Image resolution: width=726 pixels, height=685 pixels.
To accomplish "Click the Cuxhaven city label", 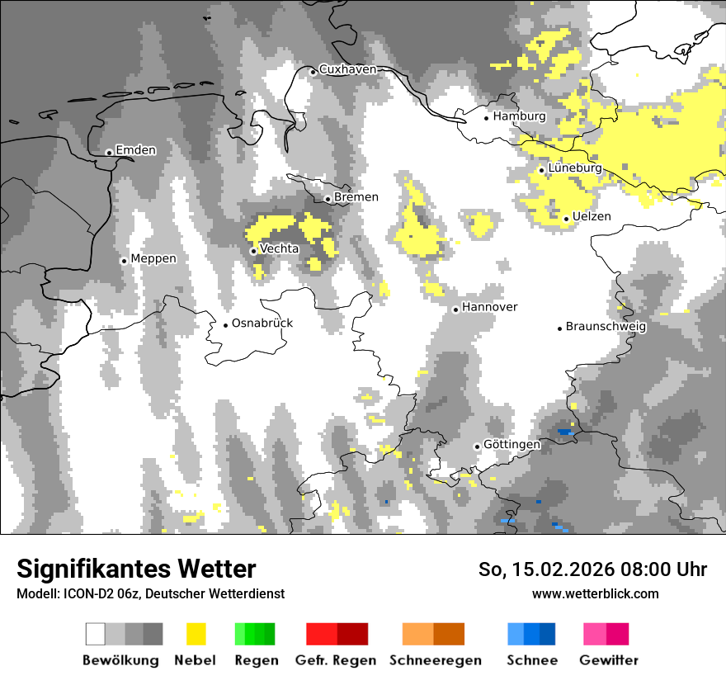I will coord(347,69).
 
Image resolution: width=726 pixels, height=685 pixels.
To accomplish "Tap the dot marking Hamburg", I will coord(487,117).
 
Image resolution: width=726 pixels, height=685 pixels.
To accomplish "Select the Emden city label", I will coord(135,150).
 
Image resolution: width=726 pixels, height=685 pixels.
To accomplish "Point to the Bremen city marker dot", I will coord(328,199).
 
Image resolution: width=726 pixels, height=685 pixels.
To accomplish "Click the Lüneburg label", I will coord(575,168).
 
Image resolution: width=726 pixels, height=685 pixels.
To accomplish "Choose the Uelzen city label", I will coord(592,216).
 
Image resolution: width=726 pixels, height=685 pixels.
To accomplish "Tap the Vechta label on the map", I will coord(279,248).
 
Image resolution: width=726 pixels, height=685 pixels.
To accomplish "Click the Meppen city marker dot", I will coord(124,261).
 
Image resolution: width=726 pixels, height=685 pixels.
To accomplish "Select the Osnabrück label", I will coord(262,323).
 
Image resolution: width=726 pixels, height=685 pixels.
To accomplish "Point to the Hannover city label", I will coord(489,307).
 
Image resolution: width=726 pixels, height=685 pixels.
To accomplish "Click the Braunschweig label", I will coord(606,326).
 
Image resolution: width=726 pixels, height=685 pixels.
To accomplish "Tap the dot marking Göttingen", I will coord(477,446).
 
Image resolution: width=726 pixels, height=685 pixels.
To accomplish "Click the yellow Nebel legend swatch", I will coord(196,634).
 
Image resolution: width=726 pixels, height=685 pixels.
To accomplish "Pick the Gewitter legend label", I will coord(609,660).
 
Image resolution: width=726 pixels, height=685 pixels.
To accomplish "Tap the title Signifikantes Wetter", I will coord(136,569).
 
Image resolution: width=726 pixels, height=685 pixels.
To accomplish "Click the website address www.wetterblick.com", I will coord(595,593).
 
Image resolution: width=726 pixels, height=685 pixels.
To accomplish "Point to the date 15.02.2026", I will coord(557,569).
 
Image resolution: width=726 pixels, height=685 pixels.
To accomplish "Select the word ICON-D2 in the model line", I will coord(86,593).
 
